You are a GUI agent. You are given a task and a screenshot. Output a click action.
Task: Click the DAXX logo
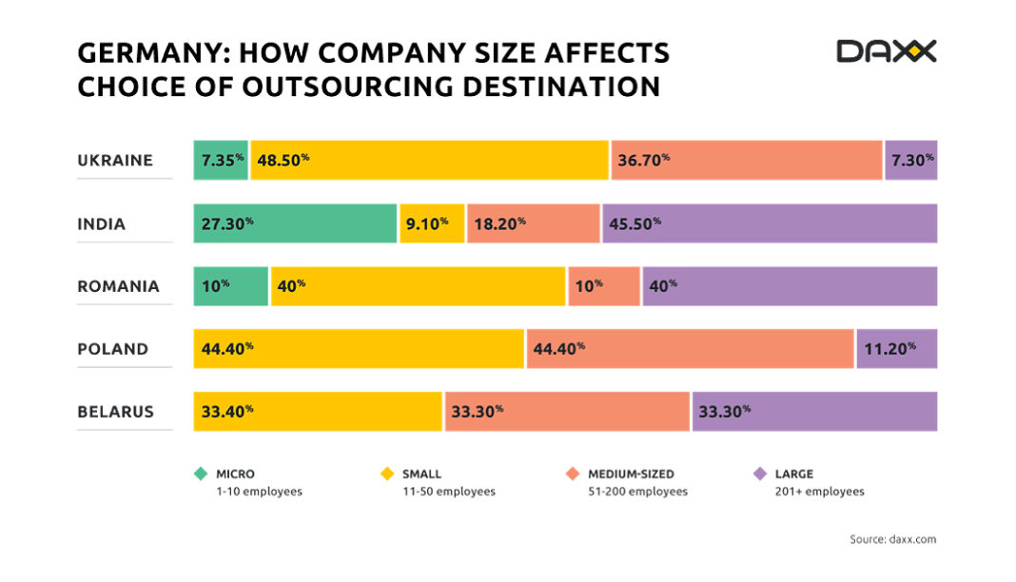pos(886,51)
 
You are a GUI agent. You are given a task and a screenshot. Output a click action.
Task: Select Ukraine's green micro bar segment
pos(221,160)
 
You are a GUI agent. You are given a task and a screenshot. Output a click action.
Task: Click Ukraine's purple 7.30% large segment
pos(911,160)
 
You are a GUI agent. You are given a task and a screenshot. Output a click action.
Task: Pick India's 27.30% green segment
pos(295,223)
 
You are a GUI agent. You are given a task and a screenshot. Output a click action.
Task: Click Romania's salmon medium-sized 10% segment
pos(604,285)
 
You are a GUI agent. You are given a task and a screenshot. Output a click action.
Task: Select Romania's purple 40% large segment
pos(790,285)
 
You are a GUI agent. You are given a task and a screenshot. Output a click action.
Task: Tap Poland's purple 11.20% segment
pos(897,348)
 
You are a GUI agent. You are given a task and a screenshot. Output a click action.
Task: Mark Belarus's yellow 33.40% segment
pos(318,412)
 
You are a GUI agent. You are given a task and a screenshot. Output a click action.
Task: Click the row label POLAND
pos(113,349)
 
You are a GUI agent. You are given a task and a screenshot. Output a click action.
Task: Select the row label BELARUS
pos(115,412)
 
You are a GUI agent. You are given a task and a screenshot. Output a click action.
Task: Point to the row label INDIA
pos(102,224)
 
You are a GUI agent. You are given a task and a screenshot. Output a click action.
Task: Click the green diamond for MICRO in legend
pos(200,474)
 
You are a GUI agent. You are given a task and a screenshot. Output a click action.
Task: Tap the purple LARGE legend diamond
pos(759,474)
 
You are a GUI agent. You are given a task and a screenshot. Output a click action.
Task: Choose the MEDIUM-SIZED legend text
pos(632,474)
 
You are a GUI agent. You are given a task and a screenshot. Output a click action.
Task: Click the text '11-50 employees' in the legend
pos(448,492)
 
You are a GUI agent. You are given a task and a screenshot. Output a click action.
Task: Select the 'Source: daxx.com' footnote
pos(892,539)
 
